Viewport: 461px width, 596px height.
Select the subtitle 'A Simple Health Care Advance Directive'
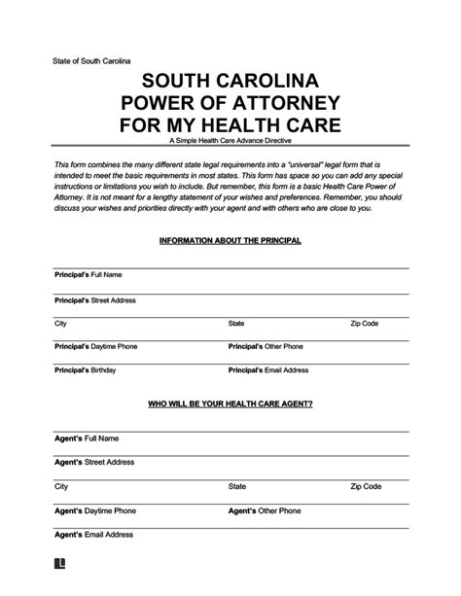click(230, 144)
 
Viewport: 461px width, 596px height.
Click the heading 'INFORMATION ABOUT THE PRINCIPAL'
click(230, 239)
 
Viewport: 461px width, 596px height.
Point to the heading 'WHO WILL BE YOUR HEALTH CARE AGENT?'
click(230, 403)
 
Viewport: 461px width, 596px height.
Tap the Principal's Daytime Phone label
click(95, 346)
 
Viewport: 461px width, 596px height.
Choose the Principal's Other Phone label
click(266, 346)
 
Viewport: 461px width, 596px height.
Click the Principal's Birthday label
click(85, 369)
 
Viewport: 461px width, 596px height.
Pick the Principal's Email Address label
click(268, 369)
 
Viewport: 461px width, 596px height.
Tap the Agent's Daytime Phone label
click(89, 509)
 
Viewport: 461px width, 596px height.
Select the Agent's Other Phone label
click(259, 509)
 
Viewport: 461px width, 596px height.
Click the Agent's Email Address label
click(86, 533)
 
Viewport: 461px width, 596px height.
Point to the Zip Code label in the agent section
click(366, 486)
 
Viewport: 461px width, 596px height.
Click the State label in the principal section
click(236, 323)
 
